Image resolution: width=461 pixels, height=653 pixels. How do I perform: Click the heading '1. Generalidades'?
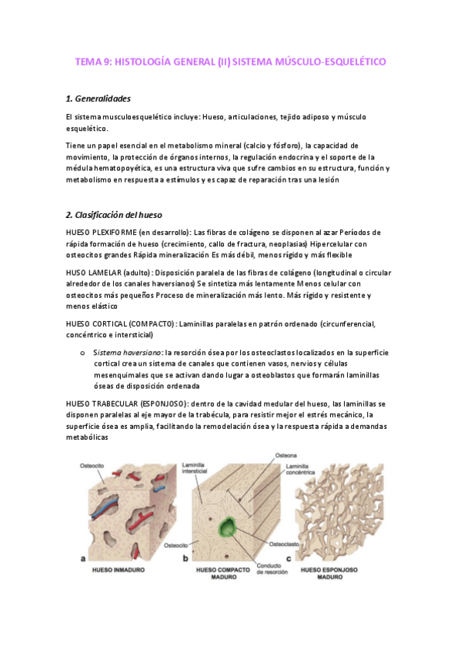click(99, 99)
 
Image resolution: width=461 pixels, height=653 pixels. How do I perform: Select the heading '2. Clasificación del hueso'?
click(114, 213)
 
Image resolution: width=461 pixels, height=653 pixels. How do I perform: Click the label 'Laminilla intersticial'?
click(195, 468)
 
